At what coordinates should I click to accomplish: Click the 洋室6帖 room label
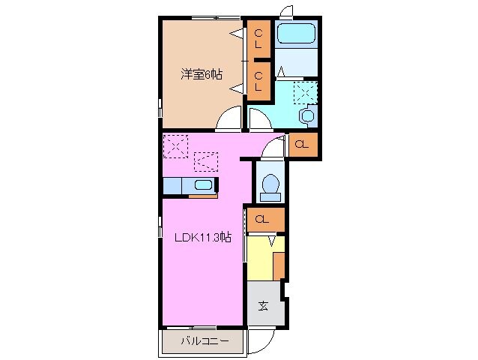[201, 73]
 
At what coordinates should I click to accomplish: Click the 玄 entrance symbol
[264, 305]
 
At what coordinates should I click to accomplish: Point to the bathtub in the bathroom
[296, 35]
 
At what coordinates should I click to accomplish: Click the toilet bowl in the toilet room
[270, 184]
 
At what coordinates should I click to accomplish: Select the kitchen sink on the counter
[202, 185]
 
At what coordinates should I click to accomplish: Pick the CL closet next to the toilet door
[301, 145]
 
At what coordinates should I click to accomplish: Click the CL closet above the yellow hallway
[262, 220]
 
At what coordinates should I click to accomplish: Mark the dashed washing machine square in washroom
[304, 92]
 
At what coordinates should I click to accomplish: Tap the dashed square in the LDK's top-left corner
[177, 145]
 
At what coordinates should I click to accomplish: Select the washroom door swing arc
[261, 119]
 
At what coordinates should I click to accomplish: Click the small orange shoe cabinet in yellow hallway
[279, 266]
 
